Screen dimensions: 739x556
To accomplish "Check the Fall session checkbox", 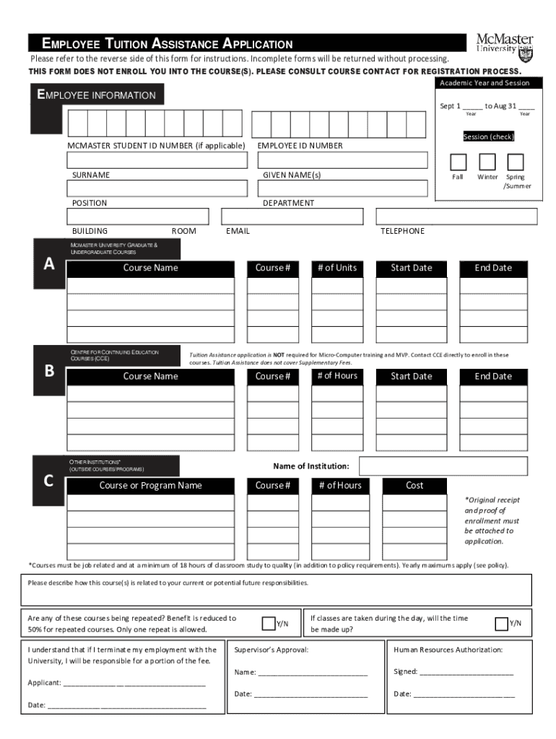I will click(458, 162).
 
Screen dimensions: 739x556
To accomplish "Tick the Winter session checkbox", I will click(487, 162).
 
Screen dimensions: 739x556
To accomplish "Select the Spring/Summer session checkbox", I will click(515, 162).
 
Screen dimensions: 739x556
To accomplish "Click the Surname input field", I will click(157, 160).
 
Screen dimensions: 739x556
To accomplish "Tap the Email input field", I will click(292, 217).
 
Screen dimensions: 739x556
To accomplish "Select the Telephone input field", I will click(456, 217).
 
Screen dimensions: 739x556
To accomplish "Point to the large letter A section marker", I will click(49, 264).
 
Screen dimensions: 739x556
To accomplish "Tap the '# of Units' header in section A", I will click(336, 268).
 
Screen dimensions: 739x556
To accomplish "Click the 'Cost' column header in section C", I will click(414, 486).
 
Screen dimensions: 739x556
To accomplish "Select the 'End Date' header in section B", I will click(492, 377).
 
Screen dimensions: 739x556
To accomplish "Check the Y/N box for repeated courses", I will click(269, 624).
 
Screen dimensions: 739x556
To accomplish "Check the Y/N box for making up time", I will click(501, 624).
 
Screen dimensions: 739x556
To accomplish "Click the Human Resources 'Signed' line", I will click(466, 672).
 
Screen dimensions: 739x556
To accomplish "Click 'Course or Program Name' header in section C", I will click(150, 486).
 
